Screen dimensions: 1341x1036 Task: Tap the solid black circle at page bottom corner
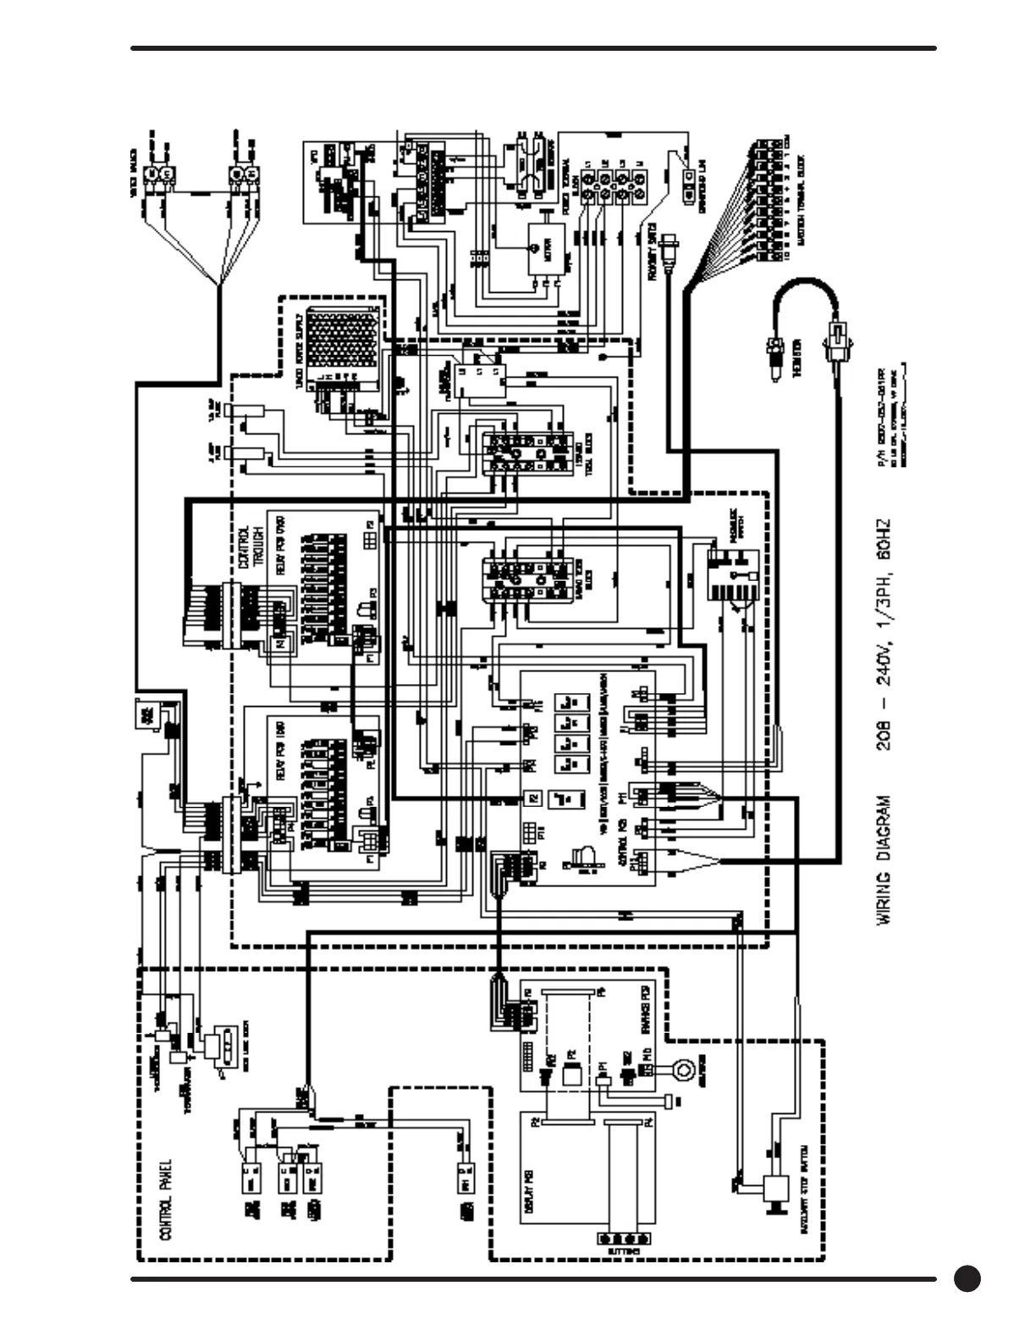[x=967, y=1278]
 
